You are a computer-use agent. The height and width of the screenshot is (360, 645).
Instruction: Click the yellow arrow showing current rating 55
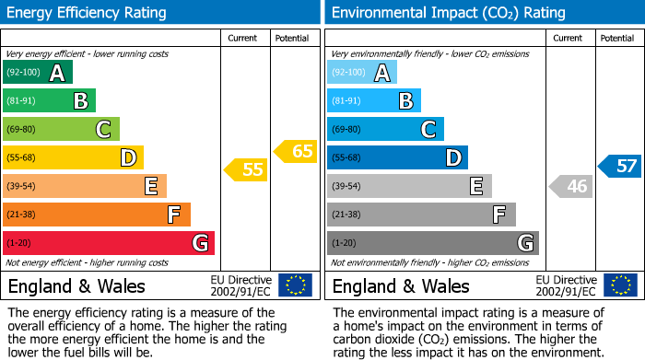[x=245, y=169]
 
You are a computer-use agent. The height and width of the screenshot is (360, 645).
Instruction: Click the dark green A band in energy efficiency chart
[x=37, y=73]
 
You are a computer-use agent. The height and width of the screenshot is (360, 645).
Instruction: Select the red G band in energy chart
[x=109, y=243]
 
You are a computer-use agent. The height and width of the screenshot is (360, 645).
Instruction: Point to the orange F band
[x=97, y=215]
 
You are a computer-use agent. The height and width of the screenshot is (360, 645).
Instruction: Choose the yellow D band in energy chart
[x=73, y=157]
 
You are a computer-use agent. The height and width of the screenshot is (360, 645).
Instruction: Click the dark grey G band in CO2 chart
[x=432, y=243]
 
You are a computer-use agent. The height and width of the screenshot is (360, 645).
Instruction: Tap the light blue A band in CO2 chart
[x=362, y=73]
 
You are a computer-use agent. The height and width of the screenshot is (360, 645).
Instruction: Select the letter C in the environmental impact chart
[x=428, y=129]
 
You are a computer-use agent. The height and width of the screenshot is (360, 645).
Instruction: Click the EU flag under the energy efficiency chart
[x=295, y=285]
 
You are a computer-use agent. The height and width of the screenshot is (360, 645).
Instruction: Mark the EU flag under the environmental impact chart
[x=622, y=285]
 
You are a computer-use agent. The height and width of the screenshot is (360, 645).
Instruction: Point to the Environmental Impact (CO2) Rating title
[x=448, y=13]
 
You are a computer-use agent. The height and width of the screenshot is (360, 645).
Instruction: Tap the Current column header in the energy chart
[x=243, y=38]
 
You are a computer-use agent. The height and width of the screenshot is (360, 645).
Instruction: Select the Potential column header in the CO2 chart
[x=616, y=38]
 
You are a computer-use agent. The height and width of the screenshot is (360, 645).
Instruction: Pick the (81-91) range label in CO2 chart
[x=346, y=101]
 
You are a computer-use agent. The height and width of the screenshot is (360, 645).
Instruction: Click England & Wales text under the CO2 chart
[x=401, y=285]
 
